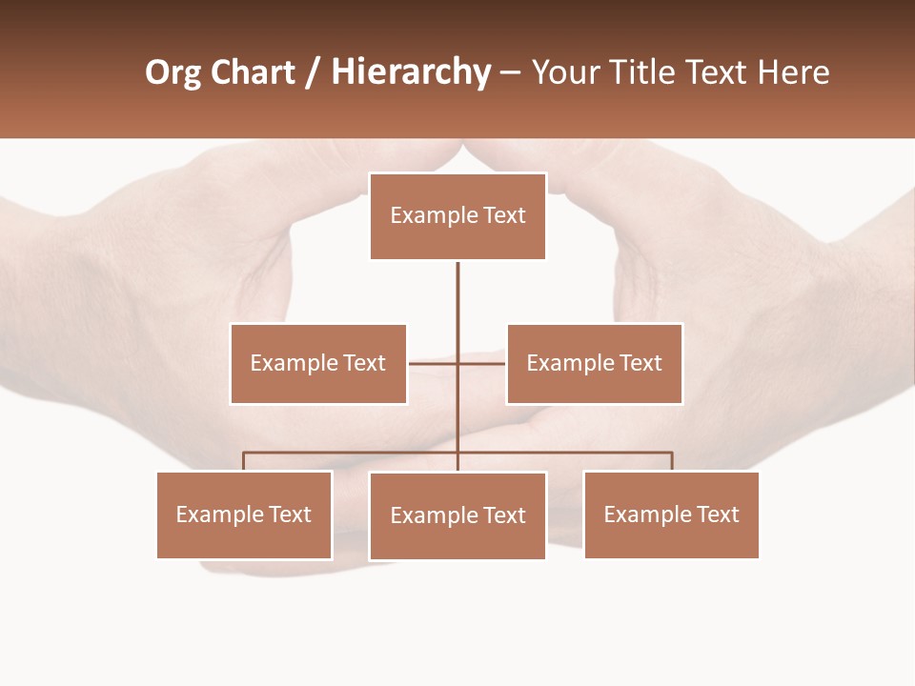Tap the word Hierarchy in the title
411,72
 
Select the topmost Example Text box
457,216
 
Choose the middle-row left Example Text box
318,363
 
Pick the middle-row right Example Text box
595,363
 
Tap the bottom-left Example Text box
244,514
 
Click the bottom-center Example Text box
457,515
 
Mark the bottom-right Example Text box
671,514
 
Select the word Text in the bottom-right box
717,514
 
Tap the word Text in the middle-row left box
364,363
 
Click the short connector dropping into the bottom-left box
244,462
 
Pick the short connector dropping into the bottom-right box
672,462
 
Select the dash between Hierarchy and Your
510,72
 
